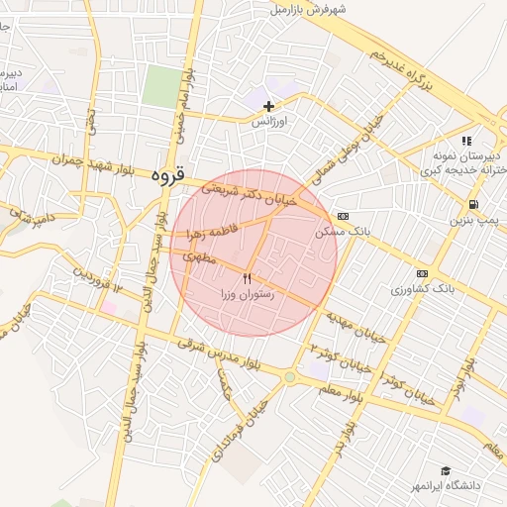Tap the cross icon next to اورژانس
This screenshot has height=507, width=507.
tap(268, 106)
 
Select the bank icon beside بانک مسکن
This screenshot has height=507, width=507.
tap(343, 216)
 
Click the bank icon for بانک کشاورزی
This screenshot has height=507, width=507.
tap(423, 273)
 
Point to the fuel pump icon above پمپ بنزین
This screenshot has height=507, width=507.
tap(476, 205)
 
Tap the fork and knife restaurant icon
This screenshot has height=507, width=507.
tap(248, 279)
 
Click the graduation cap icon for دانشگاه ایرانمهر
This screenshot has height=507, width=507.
tap(446, 470)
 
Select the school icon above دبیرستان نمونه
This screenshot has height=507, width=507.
tap(466, 142)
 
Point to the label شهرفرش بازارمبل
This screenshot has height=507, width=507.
tap(308, 10)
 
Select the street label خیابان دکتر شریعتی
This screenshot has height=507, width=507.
tap(236, 180)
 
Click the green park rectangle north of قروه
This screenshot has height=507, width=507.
tap(161, 86)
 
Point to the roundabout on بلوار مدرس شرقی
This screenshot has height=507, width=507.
tap(289, 377)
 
